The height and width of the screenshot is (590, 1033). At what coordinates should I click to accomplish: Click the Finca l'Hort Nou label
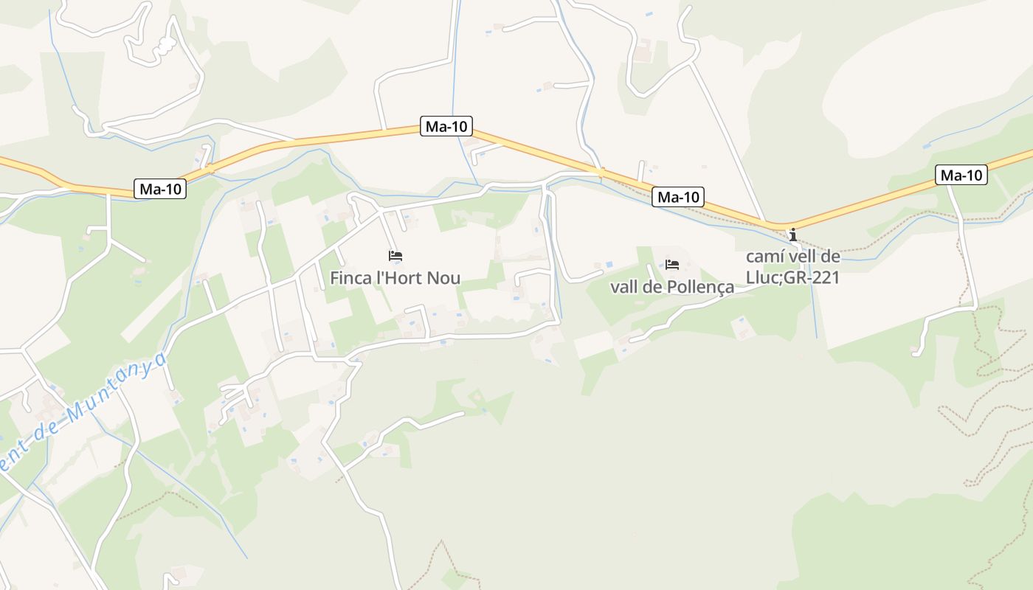(395, 279)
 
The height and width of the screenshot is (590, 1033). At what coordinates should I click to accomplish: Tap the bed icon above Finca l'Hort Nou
(395, 256)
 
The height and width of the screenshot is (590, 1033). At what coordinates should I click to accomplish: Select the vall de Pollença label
(672, 287)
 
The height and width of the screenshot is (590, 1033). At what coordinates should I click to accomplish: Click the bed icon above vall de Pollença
(672, 265)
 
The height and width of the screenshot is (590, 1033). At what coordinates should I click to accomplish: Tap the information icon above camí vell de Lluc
(793, 235)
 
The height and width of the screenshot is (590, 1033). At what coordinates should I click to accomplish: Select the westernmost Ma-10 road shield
(161, 189)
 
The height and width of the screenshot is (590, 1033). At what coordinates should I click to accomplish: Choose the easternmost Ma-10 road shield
(961, 175)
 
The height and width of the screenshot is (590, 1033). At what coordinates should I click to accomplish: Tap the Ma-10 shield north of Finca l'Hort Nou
(446, 126)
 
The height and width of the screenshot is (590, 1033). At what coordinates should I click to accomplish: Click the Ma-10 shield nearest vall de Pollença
(678, 197)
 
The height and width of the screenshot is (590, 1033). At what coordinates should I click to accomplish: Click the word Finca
(349, 279)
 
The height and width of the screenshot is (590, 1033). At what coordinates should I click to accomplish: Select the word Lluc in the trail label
(764, 278)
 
